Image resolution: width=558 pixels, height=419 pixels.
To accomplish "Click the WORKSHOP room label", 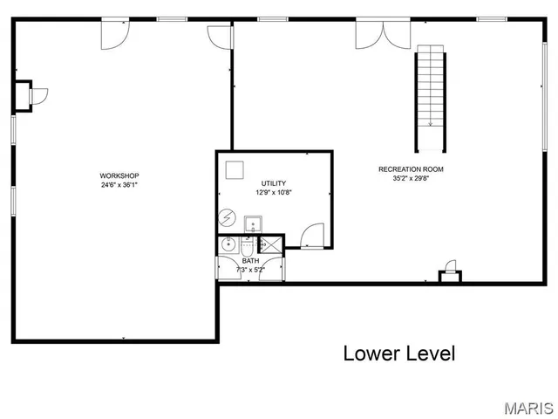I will tap(119, 175).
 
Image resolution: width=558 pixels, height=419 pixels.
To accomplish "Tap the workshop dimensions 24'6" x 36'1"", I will tap(119, 185).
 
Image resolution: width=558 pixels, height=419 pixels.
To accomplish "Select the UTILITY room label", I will tap(273, 183).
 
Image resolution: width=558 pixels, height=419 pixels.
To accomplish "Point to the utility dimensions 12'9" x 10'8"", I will tap(273, 192).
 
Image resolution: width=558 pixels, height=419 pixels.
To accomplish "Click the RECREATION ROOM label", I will tap(411, 169).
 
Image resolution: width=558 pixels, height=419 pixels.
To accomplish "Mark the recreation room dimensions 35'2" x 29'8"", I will tap(411, 178).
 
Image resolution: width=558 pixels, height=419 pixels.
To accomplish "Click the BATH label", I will tap(250, 261).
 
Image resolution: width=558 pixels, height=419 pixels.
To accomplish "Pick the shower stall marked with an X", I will tap(272, 245).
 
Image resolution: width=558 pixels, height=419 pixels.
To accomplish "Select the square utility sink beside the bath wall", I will tap(253, 223).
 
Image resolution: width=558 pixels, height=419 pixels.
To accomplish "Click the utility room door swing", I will tap(311, 236).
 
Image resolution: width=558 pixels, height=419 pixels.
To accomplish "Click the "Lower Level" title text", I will tap(398, 354).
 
